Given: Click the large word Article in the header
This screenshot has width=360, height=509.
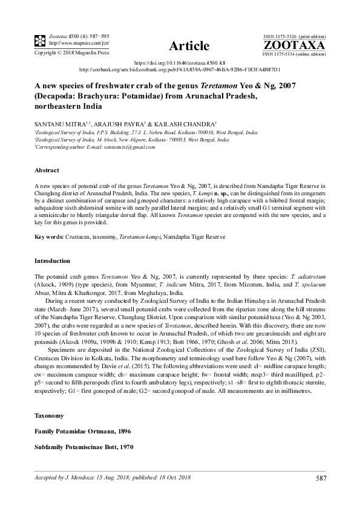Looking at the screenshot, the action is (189, 46).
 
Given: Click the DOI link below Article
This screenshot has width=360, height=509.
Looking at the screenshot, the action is (179, 62).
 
